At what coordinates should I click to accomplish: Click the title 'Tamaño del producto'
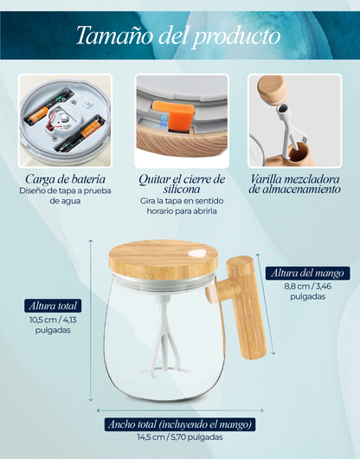(x=178, y=36)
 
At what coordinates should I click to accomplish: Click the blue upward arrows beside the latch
(x=164, y=121)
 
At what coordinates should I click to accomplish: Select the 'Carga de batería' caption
(x=65, y=179)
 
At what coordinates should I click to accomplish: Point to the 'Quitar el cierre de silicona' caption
(x=182, y=184)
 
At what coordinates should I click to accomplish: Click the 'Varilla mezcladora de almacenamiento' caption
(x=295, y=184)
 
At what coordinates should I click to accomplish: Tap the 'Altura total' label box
(x=53, y=306)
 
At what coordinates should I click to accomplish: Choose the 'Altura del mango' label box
(x=308, y=273)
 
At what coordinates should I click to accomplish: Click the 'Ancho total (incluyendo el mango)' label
(x=180, y=424)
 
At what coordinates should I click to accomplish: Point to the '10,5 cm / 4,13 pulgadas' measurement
(x=53, y=325)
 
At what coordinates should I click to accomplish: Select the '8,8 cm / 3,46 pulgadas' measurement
(x=308, y=291)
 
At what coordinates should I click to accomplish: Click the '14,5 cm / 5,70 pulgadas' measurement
(x=180, y=437)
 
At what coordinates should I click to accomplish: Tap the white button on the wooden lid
(x=197, y=253)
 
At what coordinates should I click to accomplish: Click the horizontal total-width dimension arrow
(x=180, y=411)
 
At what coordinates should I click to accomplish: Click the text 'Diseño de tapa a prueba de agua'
(x=65, y=196)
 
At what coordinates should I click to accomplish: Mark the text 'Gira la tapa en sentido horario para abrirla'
(x=182, y=206)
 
